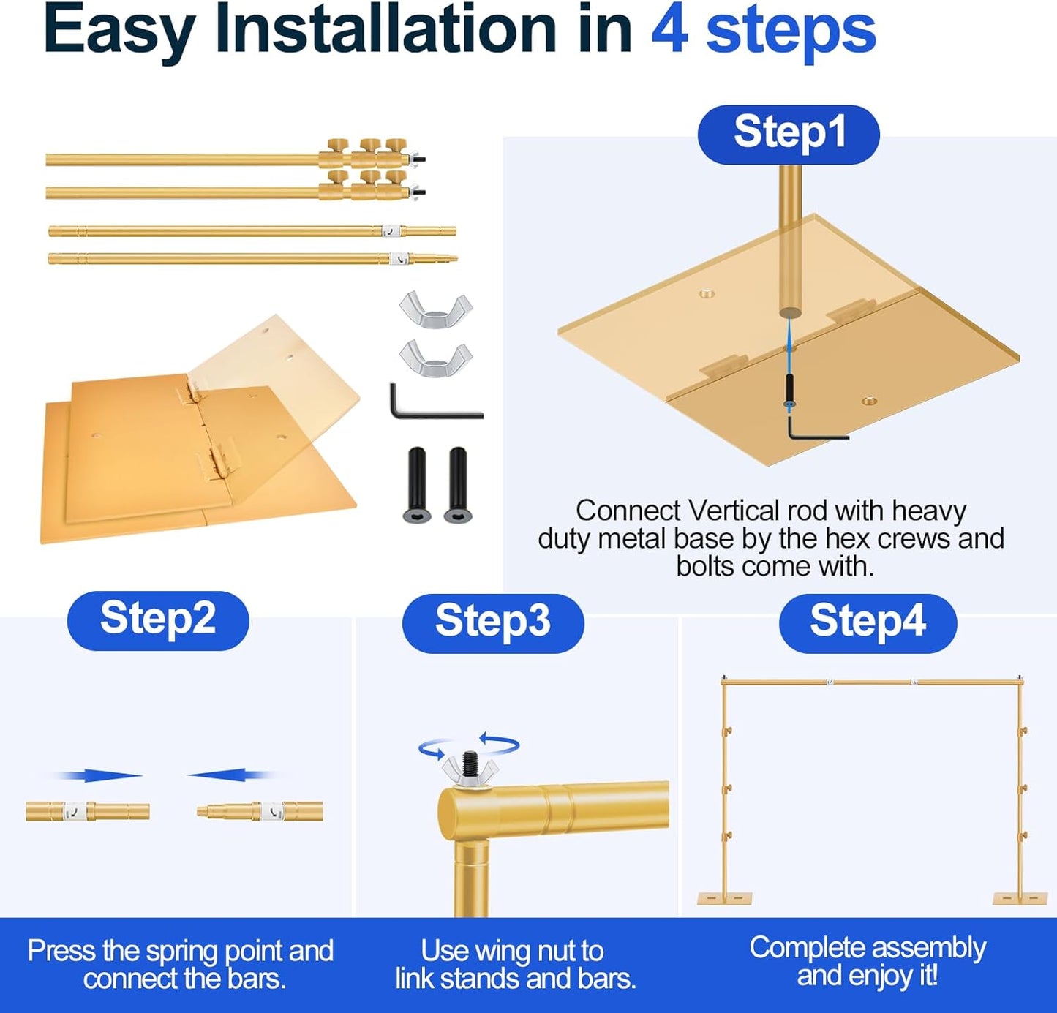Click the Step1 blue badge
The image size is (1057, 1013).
(x=788, y=134)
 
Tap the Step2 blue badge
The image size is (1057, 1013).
(x=158, y=620)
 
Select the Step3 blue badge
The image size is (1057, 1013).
(x=493, y=622)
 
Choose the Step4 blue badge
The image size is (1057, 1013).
(x=868, y=622)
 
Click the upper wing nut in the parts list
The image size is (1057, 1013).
(x=436, y=309)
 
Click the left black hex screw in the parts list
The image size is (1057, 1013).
(x=417, y=484)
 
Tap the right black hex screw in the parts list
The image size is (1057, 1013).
(x=457, y=484)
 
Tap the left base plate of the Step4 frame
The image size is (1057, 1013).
(x=725, y=898)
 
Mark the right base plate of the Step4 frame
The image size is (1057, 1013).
(x=1020, y=898)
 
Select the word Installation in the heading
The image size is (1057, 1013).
(x=385, y=30)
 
